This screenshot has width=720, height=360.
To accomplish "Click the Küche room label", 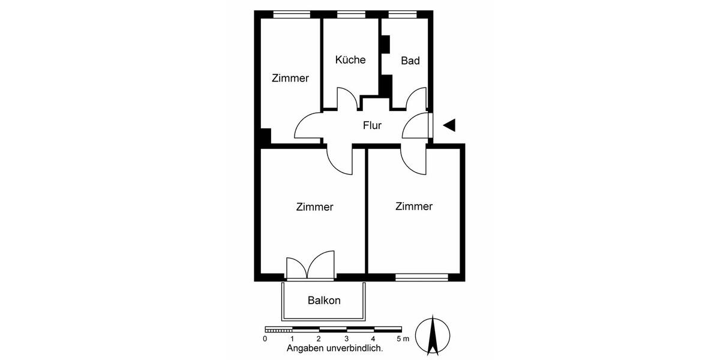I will pos(350,60).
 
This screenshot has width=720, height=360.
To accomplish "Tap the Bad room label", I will pos(410,61).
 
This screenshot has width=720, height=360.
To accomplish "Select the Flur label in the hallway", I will pos(372,125).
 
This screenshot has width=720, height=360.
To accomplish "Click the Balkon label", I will pos(324,301).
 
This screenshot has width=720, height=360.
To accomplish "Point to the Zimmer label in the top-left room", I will pos(290,78).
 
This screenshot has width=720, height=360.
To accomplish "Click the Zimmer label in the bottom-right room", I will pos(414,206).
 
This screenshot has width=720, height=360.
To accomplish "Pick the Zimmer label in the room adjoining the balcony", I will pos(314,207).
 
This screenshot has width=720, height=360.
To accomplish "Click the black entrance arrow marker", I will pos(449,125).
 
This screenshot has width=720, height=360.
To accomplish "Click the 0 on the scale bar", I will pos(265,339).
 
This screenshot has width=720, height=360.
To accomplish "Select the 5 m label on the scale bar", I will pos(403,339).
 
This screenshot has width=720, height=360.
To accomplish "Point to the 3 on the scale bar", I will pos(347,339).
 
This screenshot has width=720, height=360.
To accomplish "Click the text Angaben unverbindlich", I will pos(335,348).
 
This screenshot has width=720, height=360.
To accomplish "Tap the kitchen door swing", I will pos(346,100).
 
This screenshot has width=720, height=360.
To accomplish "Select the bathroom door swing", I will pos(416,100).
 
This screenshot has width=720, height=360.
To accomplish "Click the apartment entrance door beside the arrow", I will pos(418,127).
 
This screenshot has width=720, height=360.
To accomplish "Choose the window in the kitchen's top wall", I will pos(351,14).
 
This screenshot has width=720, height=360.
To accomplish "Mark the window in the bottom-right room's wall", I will pos(421,277).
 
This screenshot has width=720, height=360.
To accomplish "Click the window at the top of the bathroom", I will pos(402,14).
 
